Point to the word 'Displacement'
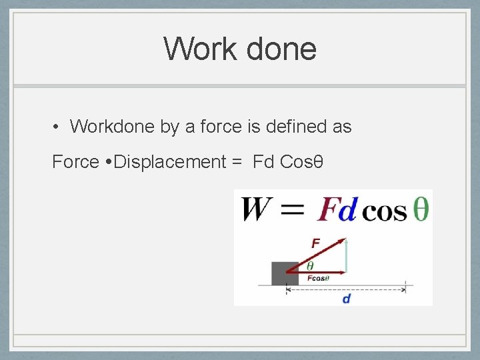(x=170, y=162)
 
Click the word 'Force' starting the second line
(x=75, y=162)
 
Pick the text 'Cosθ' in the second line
(x=302, y=162)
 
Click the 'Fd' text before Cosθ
(x=263, y=162)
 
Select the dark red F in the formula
(x=327, y=209)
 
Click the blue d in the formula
(x=347, y=209)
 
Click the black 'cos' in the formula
(x=383, y=211)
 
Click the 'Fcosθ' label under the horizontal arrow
(x=319, y=278)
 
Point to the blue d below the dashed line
(x=347, y=299)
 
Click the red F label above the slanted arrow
(x=315, y=243)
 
